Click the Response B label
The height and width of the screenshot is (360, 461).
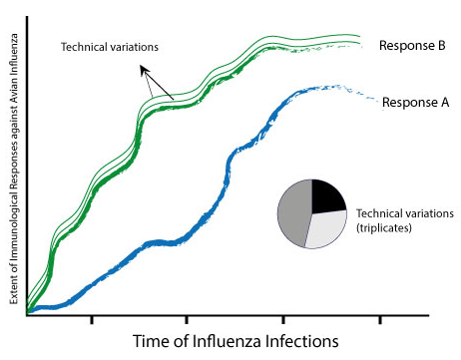(x=412, y=46)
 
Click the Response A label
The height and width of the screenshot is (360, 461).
(x=416, y=102)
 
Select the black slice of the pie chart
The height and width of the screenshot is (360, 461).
(x=328, y=195)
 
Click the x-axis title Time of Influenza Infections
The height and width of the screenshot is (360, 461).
(x=235, y=341)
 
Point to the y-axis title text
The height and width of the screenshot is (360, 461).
(x=14, y=170)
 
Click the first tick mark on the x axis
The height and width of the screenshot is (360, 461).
(x=92, y=319)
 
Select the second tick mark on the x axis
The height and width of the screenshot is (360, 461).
(x=187, y=319)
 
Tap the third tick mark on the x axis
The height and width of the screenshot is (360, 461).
(x=283, y=319)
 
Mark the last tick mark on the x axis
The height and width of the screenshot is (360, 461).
(x=380, y=319)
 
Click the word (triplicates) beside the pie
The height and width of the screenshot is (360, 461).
(x=384, y=228)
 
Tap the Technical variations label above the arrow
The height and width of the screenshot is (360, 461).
(x=110, y=47)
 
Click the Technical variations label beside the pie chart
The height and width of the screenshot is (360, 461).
(x=405, y=213)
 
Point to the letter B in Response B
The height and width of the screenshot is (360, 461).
(x=441, y=45)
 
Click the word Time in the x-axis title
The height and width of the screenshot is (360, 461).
(x=152, y=341)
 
